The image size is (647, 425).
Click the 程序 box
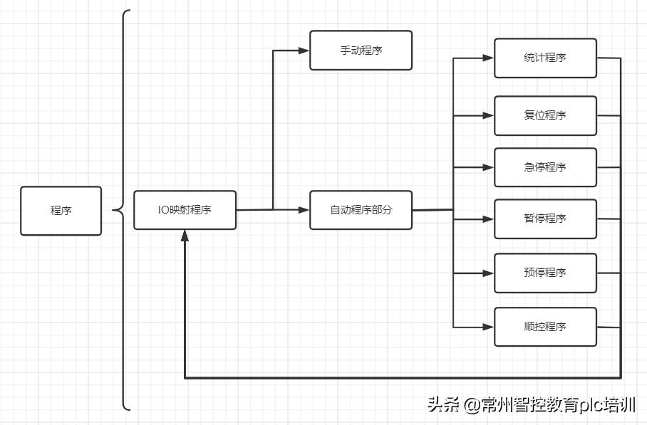(x=61, y=211)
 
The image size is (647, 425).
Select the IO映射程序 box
(x=185, y=210)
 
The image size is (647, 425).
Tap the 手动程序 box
(x=361, y=51)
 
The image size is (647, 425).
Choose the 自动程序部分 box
(x=361, y=210)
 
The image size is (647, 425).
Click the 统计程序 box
(x=545, y=58)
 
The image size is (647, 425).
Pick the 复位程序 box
(x=545, y=115)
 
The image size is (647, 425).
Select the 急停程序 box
(x=545, y=167)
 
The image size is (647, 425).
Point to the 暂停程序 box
(x=545, y=219)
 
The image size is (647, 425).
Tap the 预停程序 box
(x=545, y=273)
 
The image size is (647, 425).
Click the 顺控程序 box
(x=545, y=327)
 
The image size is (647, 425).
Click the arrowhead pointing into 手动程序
(x=304, y=51)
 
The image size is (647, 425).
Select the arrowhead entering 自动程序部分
(x=304, y=210)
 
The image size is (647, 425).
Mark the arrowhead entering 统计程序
(x=489, y=58)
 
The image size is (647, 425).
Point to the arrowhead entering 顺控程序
(x=489, y=327)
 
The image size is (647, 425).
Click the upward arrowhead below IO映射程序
(x=185, y=236)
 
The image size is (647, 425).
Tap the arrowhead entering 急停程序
(x=489, y=167)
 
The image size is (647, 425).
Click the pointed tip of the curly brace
(x=113, y=210)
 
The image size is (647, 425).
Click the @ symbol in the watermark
(x=471, y=406)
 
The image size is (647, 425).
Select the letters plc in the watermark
(x=589, y=406)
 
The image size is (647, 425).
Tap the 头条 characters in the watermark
(x=443, y=406)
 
